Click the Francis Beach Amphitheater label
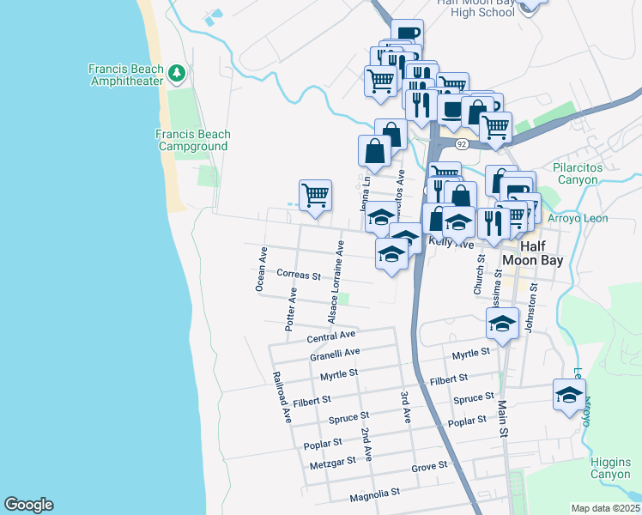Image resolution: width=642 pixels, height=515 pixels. click(126, 75)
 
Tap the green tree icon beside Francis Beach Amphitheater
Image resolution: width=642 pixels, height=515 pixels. click(178, 73)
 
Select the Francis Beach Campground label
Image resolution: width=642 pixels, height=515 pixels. click(193, 140)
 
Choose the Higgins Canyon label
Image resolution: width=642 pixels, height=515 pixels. click(610, 468)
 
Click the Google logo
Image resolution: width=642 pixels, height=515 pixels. click(28, 505)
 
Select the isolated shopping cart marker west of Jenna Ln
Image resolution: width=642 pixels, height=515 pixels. click(315, 194)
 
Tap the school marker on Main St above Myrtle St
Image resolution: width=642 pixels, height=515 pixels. click(503, 323)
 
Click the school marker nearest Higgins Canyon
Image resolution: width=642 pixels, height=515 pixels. click(568, 395)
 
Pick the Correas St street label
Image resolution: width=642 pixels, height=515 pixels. click(299, 276)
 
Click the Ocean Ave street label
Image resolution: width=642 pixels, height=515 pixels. click(261, 270)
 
